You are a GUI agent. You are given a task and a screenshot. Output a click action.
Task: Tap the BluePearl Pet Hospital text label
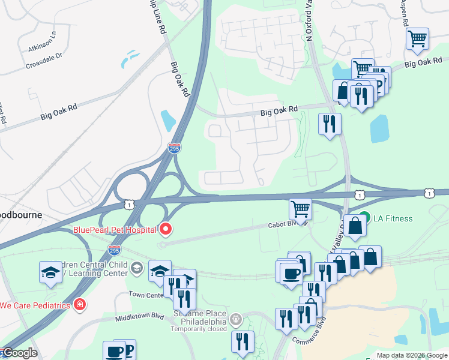click(x=114, y=229)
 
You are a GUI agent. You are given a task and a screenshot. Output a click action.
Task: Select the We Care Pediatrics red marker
click(x=79, y=305)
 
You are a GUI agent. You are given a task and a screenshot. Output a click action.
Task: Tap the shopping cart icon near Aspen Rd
click(x=417, y=39)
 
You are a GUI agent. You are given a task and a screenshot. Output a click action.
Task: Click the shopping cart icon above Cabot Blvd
click(x=300, y=209)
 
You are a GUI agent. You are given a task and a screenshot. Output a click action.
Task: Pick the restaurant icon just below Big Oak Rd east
click(x=330, y=124)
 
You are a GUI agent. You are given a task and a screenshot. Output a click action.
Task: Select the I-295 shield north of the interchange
click(x=174, y=148)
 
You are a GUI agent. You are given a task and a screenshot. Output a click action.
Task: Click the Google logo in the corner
click(x=19, y=353)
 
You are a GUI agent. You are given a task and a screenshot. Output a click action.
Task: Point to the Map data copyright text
click(x=411, y=355)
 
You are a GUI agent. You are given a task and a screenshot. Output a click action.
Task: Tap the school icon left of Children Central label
click(x=51, y=272)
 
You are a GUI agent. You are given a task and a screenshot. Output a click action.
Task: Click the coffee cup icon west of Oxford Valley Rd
click(x=292, y=273)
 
